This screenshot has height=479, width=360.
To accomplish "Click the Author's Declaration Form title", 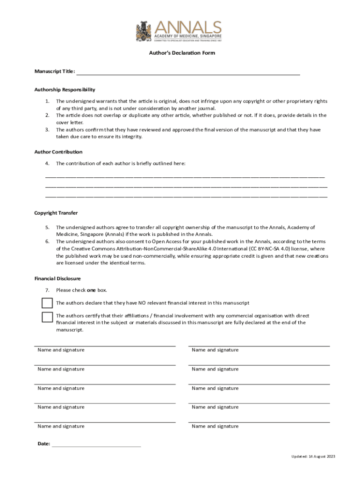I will click(x=179, y=53).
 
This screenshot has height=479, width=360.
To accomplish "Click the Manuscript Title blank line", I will click(x=187, y=73).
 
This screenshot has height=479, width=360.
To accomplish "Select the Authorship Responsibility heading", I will click(x=65, y=89).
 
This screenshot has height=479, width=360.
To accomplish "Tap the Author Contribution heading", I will click(x=58, y=152).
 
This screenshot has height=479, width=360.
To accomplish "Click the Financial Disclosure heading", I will click(x=58, y=278).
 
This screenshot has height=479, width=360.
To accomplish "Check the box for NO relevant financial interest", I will click(x=47, y=303).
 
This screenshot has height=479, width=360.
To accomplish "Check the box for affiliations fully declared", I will click(x=47, y=317).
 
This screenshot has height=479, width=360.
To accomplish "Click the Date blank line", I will click(x=96, y=446).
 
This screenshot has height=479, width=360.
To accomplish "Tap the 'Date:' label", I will click(x=43, y=443).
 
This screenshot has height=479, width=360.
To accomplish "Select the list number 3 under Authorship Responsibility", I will click(x=47, y=130).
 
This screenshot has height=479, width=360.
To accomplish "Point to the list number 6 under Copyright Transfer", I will click(x=47, y=241).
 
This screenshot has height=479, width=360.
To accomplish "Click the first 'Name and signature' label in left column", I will click(x=61, y=350).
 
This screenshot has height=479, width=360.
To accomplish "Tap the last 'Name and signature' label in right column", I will click(x=215, y=426).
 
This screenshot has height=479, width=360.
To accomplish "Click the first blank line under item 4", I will click(x=185, y=177).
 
